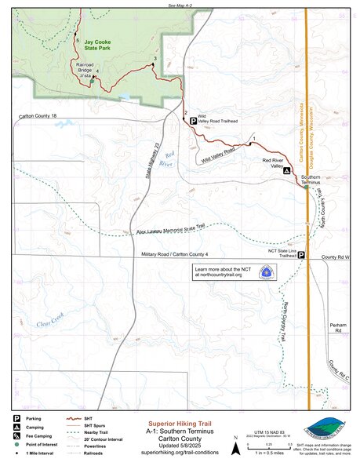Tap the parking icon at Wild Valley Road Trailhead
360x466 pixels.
click(193, 121)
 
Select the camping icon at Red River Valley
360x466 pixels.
click(286, 170)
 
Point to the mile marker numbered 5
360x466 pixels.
click(76, 38)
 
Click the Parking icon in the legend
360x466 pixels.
click(16, 419)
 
